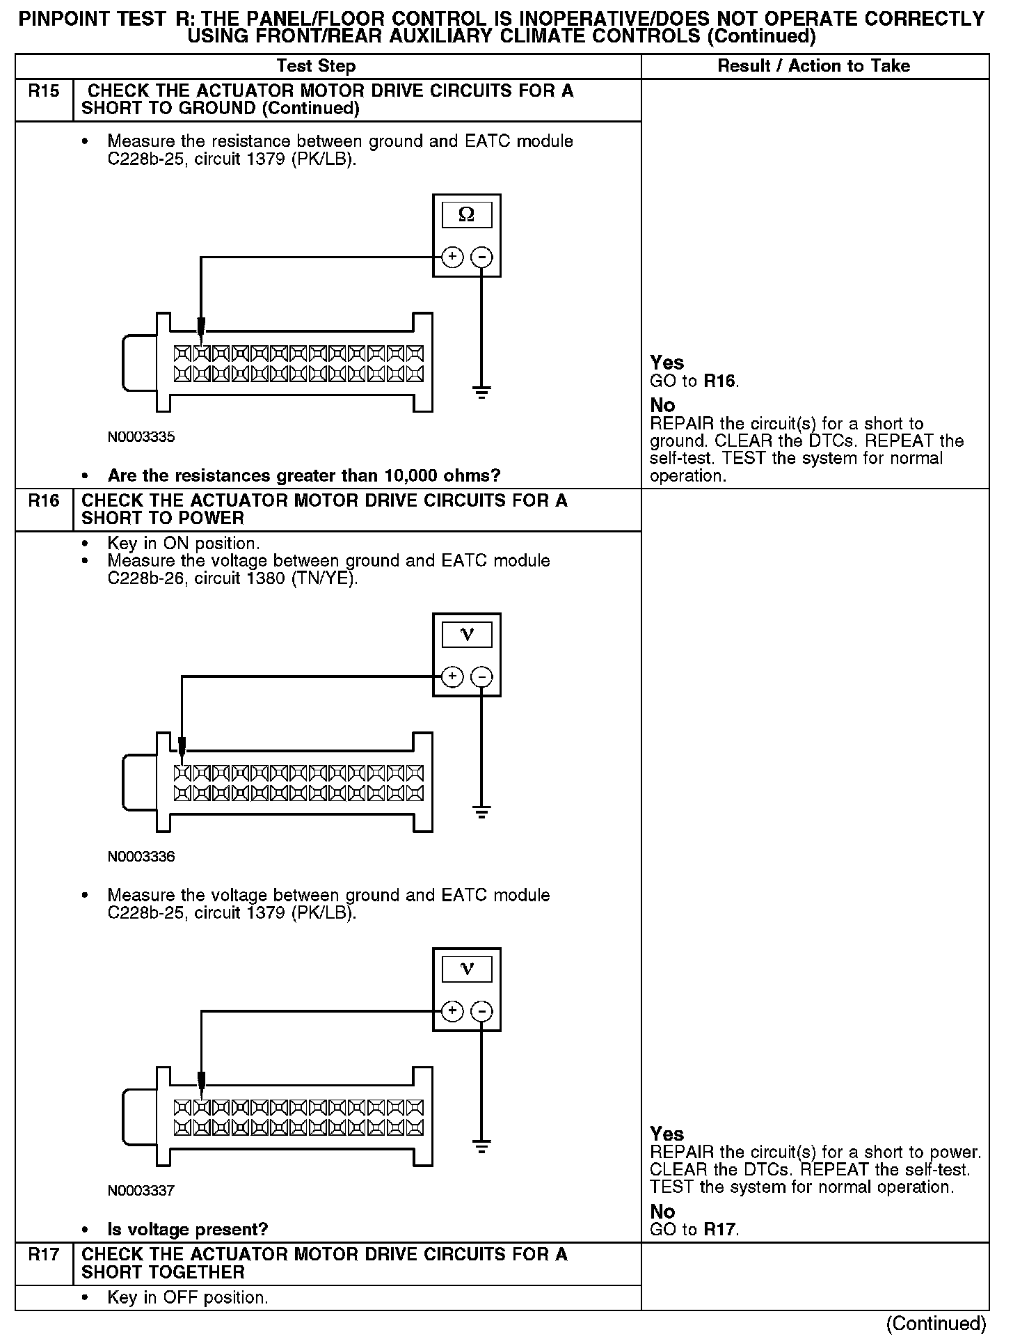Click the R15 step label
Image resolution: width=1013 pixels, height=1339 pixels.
point(43,91)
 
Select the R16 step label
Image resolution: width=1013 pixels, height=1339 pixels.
point(43,501)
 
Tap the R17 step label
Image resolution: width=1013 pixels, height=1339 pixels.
point(43,1255)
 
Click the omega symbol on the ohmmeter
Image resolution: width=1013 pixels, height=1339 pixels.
point(467,215)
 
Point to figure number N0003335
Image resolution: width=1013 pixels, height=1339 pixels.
point(141,437)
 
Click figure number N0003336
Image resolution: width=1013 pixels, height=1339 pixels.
point(141,857)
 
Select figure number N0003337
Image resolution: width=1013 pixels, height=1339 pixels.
point(141,1191)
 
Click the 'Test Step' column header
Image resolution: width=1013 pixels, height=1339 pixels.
point(316,66)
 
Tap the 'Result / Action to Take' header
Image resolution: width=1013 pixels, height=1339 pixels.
point(814,66)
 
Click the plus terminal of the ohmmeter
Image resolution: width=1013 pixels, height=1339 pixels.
point(452,257)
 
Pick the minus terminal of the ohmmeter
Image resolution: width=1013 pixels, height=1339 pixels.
point(481,257)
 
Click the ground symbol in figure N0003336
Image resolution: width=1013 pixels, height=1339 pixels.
point(481,811)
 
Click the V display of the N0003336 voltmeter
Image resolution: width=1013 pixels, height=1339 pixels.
point(467,635)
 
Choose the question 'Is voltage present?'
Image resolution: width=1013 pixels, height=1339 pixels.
point(188,1230)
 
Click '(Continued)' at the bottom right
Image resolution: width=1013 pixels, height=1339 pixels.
point(936,1323)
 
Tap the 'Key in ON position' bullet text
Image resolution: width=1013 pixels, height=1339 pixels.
point(184,543)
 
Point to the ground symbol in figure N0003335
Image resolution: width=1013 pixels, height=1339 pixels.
point(481,392)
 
